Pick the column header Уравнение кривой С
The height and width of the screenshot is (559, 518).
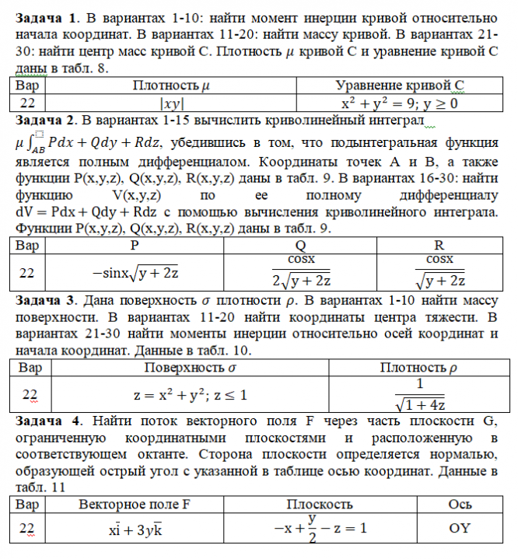(x=399, y=86)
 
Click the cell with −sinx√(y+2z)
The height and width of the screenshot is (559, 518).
(x=134, y=272)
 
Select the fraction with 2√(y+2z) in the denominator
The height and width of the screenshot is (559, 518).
(x=302, y=271)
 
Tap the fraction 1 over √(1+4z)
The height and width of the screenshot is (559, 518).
(x=420, y=394)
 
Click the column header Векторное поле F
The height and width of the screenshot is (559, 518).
(x=134, y=504)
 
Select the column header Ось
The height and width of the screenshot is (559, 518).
(x=460, y=504)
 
